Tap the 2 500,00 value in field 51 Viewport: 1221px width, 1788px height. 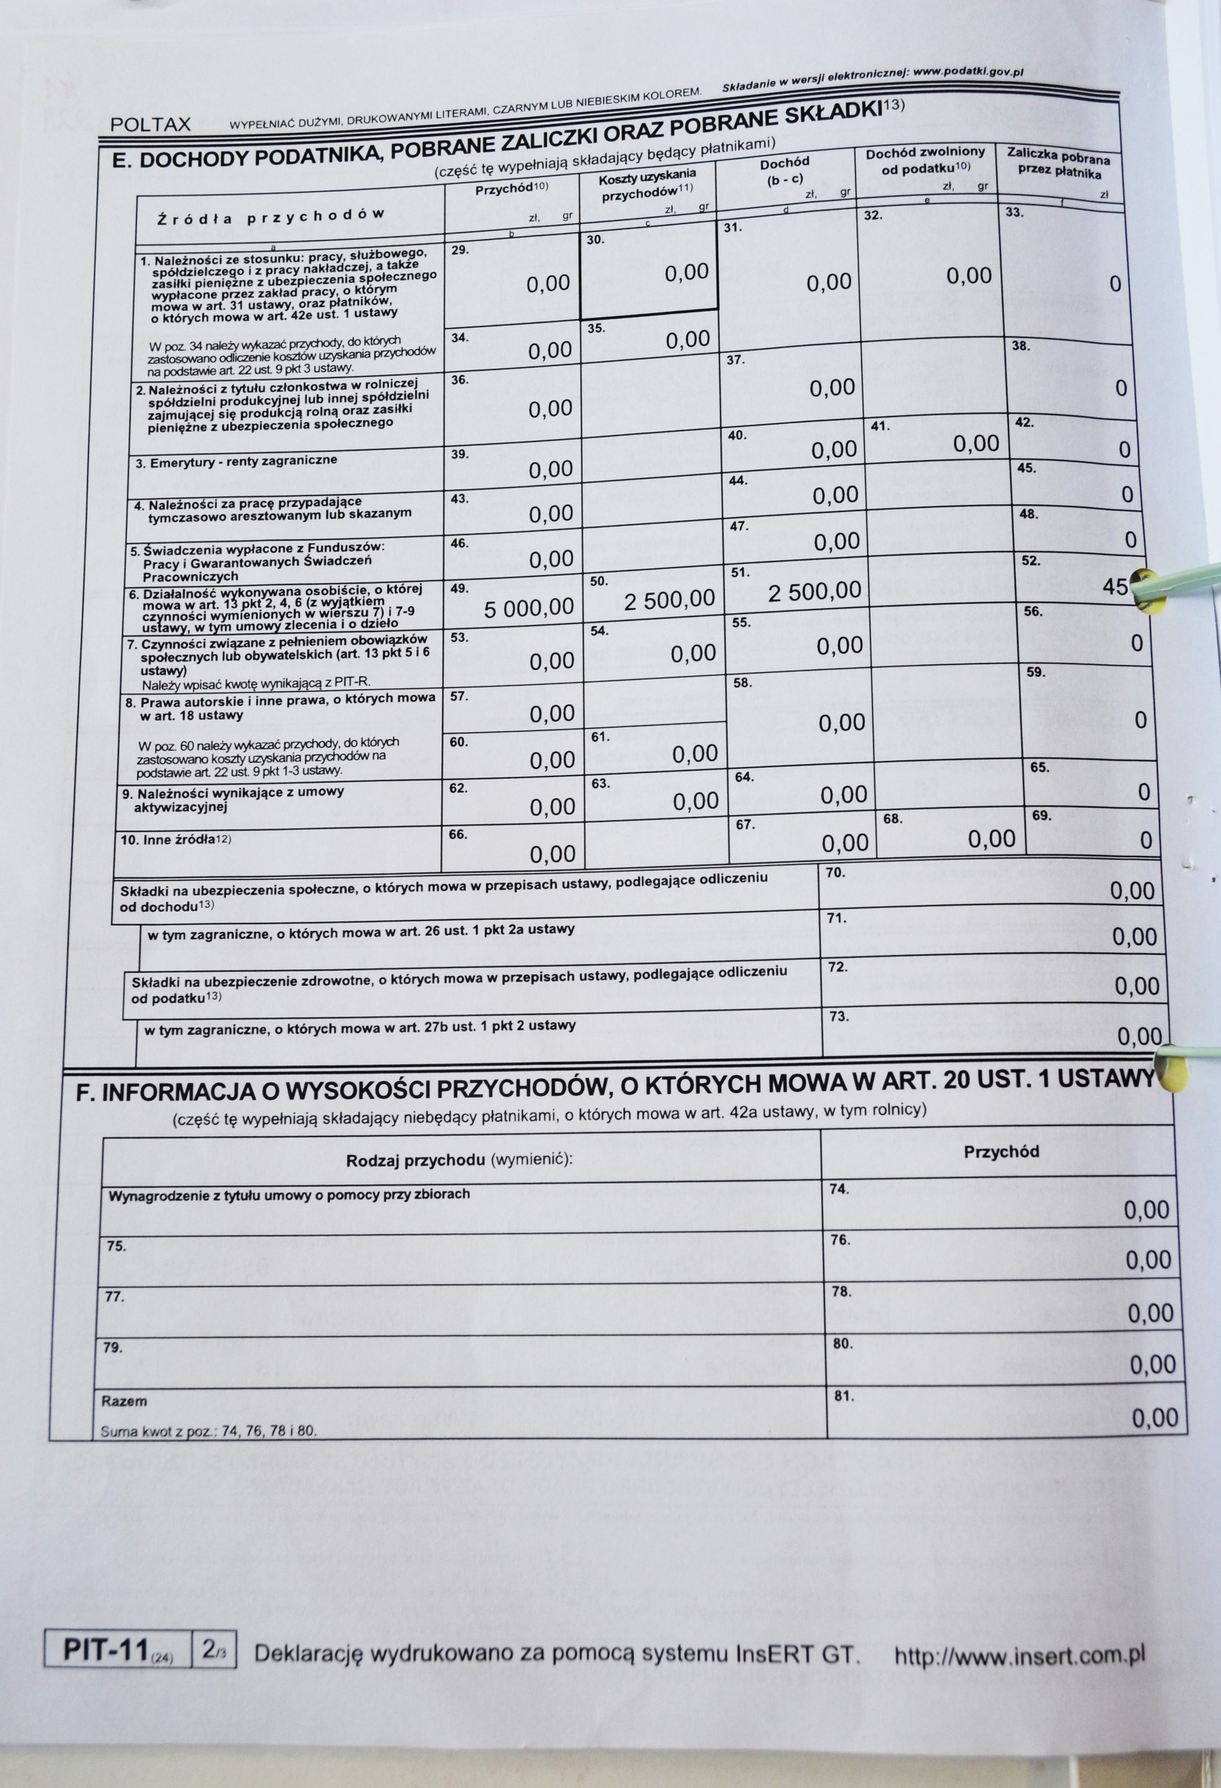click(814, 591)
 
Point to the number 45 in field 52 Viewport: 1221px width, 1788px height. click(1115, 587)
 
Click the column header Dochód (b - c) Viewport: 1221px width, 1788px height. click(785, 171)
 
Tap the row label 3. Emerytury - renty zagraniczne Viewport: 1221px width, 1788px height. click(236, 462)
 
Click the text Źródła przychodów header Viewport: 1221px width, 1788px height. click(271, 216)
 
